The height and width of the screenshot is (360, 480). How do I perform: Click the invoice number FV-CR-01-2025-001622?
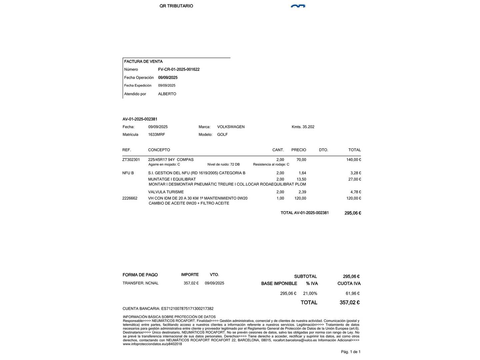click(x=179, y=69)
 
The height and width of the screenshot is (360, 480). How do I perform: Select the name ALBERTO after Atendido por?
click(x=167, y=94)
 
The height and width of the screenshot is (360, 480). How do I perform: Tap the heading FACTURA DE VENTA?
click(x=143, y=61)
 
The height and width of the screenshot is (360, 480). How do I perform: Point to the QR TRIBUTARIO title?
click(x=176, y=6)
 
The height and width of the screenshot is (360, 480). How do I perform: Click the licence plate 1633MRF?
click(x=156, y=135)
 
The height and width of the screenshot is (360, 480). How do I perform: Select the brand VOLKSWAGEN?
click(x=231, y=127)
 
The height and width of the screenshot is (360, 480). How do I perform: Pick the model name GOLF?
click(x=222, y=135)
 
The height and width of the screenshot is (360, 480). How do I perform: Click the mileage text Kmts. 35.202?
click(x=303, y=127)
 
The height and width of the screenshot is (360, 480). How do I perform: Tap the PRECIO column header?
click(x=298, y=150)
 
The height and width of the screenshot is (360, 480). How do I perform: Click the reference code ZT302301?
click(x=131, y=160)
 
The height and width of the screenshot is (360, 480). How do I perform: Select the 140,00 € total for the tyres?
click(x=353, y=160)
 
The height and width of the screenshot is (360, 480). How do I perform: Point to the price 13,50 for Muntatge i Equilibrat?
click(x=301, y=179)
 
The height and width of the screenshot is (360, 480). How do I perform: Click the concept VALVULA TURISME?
click(x=166, y=192)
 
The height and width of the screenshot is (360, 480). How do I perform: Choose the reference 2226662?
click(x=130, y=198)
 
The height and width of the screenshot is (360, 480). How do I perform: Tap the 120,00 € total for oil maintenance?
click(x=353, y=198)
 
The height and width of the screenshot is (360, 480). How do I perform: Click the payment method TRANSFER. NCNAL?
click(x=140, y=283)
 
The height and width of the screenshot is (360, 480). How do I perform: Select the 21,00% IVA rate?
click(x=310, y=294)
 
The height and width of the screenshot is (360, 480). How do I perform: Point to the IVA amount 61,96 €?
click(x=352, y=294)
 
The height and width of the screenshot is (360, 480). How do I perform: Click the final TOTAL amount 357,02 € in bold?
click(x=349, y=303)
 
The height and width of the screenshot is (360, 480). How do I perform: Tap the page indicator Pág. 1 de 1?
click(x=350, y=352)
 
